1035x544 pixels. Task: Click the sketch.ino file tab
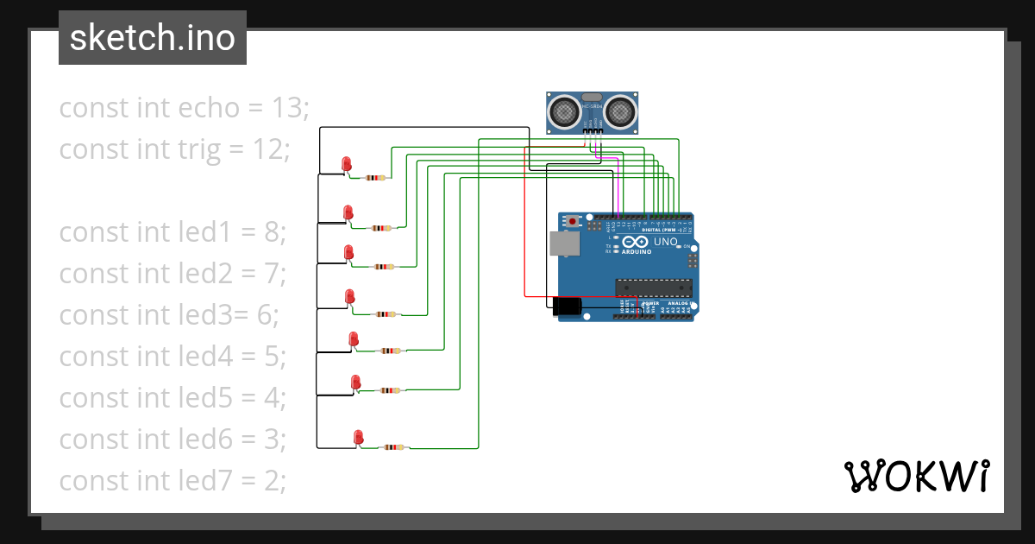pos(152,38)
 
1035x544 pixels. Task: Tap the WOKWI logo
pos(915,476)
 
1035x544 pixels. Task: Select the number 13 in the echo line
pos(289,108)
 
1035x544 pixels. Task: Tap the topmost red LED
pos(347,163)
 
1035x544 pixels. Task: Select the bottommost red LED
pos(358,437)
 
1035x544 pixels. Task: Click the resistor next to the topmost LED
pos(374,178)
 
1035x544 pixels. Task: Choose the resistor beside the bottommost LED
pos(393,447)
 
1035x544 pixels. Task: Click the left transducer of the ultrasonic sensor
pos(564,111)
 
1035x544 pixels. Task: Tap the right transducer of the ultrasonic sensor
pos(620,111)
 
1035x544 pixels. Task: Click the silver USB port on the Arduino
pos(565,244)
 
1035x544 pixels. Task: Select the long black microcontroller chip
pos(653,288)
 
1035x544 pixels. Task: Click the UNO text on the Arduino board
pos(665,243)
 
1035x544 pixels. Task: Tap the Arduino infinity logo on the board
pos(632,243)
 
